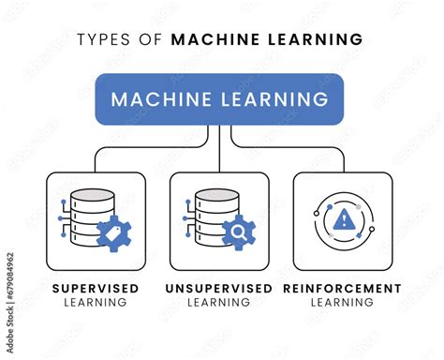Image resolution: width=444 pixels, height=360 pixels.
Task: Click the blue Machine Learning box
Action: pos(219,99)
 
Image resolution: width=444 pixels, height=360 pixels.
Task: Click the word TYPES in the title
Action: pos(101,39)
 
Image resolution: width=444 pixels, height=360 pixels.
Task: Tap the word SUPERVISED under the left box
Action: pos(96,288)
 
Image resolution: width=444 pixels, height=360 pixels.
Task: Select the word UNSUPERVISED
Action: pos(220,288)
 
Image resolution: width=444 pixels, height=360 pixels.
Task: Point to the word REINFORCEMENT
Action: pos(342,288)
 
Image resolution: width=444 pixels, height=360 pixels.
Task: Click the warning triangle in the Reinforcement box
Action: pos(344,220)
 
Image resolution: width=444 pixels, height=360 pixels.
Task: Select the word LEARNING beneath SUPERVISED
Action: pos(96,302)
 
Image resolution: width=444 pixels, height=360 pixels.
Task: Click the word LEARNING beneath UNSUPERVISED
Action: pos(220,302)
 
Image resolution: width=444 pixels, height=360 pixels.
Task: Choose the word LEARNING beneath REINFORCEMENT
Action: pos(342,302)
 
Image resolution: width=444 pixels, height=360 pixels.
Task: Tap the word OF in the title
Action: pos(153,39)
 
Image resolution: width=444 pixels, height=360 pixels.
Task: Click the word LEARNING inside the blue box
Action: pos(275,99)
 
